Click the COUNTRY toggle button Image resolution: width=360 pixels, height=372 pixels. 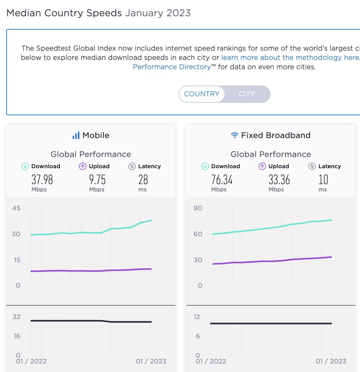(x=202, y=94)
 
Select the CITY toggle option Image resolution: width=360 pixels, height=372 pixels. (x=247, y=94)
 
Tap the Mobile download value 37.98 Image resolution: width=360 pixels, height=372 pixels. (x=42, y=179)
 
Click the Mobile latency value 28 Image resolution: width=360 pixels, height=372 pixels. (x=143, y=179)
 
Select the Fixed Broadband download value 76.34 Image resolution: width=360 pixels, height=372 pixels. (x=222, y=179)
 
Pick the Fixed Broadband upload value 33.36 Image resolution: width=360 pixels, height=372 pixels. (x=279, y=179)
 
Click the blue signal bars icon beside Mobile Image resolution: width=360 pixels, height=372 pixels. (x=76, y=135)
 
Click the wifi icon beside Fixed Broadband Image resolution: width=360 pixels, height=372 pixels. (x=234, y=135)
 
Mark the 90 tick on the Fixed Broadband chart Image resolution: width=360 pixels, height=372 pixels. (x=197, y=208)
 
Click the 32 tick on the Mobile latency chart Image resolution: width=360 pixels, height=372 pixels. (x=16, y=317)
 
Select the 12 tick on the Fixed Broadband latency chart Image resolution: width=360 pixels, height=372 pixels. (x=197, y=317)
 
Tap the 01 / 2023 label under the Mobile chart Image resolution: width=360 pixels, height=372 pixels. (x=151, y=362)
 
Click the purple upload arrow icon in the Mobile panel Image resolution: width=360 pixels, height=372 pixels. (x=83, y=166)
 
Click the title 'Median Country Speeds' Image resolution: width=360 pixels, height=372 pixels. (x=64, y=13)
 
